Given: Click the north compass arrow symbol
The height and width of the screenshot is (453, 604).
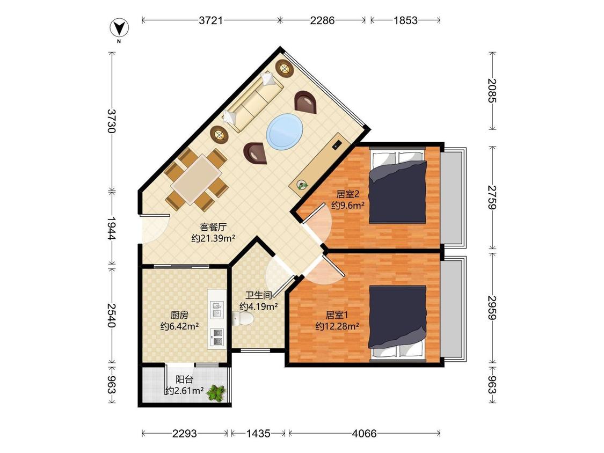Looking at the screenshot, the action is pyautogui.click(x=119, y=28).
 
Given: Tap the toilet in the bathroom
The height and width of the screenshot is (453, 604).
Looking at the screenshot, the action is pyautogui.click(x=243, y=319).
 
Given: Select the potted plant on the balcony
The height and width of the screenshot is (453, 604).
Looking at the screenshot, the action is pyautogui.click(x=216, y=393).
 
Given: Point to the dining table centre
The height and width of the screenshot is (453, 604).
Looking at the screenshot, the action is pyautogui.click(x=197, y=179).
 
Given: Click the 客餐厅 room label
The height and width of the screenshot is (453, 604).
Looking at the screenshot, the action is pyautogui.click(x=213, y=226).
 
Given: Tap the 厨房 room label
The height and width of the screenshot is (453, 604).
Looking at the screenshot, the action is pyautogui.click(x=179, y=315).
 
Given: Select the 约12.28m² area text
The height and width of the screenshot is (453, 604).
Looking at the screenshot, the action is pyautogui.click(x=337, y=326).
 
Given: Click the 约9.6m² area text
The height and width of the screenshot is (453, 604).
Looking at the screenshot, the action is pyautogui.click(x=348, y=206).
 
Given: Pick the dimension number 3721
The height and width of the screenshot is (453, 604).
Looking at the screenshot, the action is pyautogui.click(x=210, y=20).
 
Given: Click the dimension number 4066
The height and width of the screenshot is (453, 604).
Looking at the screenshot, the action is pyautogui.click(x=364, y=433).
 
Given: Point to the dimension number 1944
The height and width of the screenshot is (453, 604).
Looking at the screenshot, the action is pyautogui.click(x=111, y=229).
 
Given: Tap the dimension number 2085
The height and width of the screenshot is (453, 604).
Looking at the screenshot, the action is pyautogui.click(x=492, y=91).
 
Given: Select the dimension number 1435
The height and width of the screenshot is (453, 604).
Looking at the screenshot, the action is pyautogui.click(x=258, y=433).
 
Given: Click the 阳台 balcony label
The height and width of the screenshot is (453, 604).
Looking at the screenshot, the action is pyautogui.click(x=185, y=379).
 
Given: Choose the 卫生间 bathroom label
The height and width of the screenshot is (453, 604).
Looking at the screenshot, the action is pyautogui.click(x=259, y=295).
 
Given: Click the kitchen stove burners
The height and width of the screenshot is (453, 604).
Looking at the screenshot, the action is pyautogui.click(x=216, y=337).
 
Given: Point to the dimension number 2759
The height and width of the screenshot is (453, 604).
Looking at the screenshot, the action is pyautogui.click(x=492, y=198).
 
